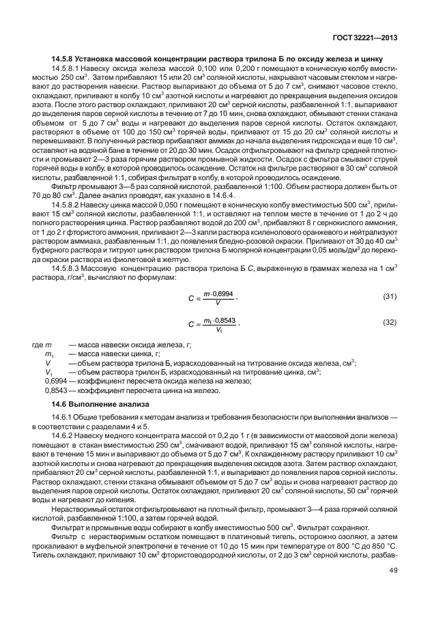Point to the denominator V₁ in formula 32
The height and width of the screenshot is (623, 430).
coord(218,330)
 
